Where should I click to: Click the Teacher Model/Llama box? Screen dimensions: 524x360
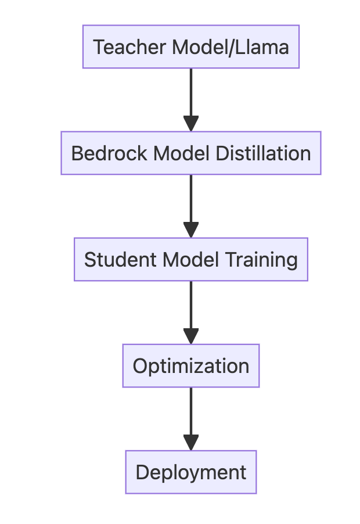(x=190, y=46)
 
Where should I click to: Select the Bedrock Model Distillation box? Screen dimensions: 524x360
(x=190, y=153)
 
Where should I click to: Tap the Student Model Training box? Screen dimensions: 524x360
(x=190, y=259)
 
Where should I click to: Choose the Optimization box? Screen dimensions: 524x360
(x=190, y=365)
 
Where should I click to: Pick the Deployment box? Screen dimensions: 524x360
(x=190, y=472)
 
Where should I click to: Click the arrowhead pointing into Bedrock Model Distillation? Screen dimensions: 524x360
(x=190, y=123)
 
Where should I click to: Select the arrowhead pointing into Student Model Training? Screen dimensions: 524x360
(x=190, y=229)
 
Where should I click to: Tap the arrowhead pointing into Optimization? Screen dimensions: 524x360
(x=190, y=336)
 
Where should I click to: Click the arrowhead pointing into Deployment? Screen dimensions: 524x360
(x=190, y=442)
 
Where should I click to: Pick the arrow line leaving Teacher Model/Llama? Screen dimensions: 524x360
(x=190, y=90)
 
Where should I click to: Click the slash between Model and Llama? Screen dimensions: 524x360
(x=233, y=46)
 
